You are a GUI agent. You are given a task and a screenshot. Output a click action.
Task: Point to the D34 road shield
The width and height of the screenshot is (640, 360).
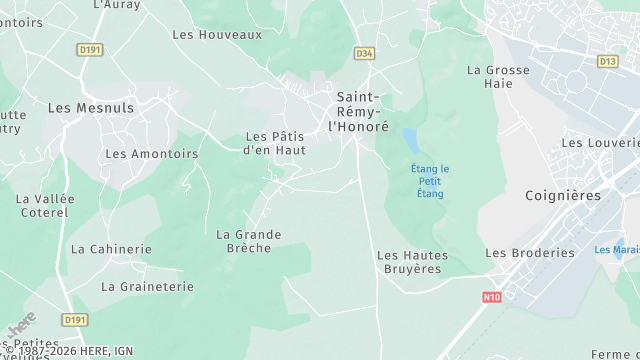tap(364, 53)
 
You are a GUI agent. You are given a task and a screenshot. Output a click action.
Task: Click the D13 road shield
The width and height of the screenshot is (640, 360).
tap(607, 61)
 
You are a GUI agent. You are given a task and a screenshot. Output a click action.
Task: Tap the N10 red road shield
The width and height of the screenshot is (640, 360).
tap(491, 296)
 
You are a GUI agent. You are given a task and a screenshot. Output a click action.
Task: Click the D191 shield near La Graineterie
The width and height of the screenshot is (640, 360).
tap(75, 319)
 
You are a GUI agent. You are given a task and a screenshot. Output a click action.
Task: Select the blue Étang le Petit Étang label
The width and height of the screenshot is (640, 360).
tap(430, 181)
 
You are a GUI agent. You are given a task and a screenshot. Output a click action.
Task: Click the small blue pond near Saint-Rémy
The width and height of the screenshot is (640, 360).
tap(410, 139)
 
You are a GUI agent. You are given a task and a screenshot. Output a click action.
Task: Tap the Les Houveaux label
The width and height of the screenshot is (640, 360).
tap(217, 34)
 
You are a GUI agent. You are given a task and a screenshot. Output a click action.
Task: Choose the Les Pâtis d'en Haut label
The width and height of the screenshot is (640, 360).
tap(275, 143)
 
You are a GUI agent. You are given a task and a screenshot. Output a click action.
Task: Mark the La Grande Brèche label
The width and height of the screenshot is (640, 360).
tap(249, 241)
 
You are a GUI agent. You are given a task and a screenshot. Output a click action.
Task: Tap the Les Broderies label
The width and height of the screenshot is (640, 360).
tap(530, 253)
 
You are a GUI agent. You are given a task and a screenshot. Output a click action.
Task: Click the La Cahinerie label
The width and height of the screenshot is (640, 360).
tap(111, 249)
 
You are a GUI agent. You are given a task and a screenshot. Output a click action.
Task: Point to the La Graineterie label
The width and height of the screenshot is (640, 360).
tap(147, 286)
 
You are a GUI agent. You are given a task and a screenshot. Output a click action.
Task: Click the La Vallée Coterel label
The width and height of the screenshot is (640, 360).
tap(45, 205)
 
